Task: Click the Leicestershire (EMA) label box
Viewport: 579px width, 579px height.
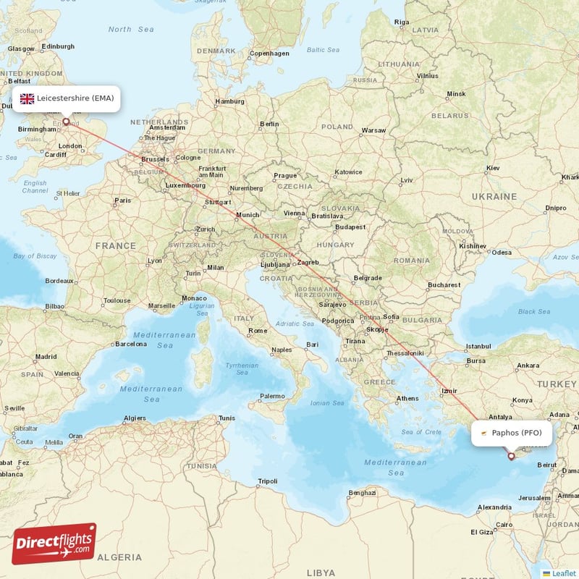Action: pos(67,98)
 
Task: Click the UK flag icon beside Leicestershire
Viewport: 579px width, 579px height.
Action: pos(27,98)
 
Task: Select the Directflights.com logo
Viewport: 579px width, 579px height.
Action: pos(54,543)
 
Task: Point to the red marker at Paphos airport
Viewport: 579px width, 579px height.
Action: pos(511,456)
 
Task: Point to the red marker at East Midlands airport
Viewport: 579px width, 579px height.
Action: pos(66,122)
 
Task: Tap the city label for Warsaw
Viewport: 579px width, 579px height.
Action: pos(373,130)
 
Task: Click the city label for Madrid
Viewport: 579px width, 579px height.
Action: pos(46,356)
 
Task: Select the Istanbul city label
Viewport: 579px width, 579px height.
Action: pos(478,347)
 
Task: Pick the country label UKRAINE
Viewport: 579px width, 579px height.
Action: pos(496,196)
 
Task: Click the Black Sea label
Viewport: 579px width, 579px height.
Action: pos(534,311)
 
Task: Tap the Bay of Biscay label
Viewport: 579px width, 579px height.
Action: pos(34,256)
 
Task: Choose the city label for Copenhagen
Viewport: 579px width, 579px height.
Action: pos(269,53)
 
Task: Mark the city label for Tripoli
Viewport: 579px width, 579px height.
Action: pos(268,481)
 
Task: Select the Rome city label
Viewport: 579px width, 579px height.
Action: pos(258,331)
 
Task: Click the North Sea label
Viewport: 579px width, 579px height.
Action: pos(131,29)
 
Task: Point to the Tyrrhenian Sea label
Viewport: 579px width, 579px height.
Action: pos(241,368)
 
